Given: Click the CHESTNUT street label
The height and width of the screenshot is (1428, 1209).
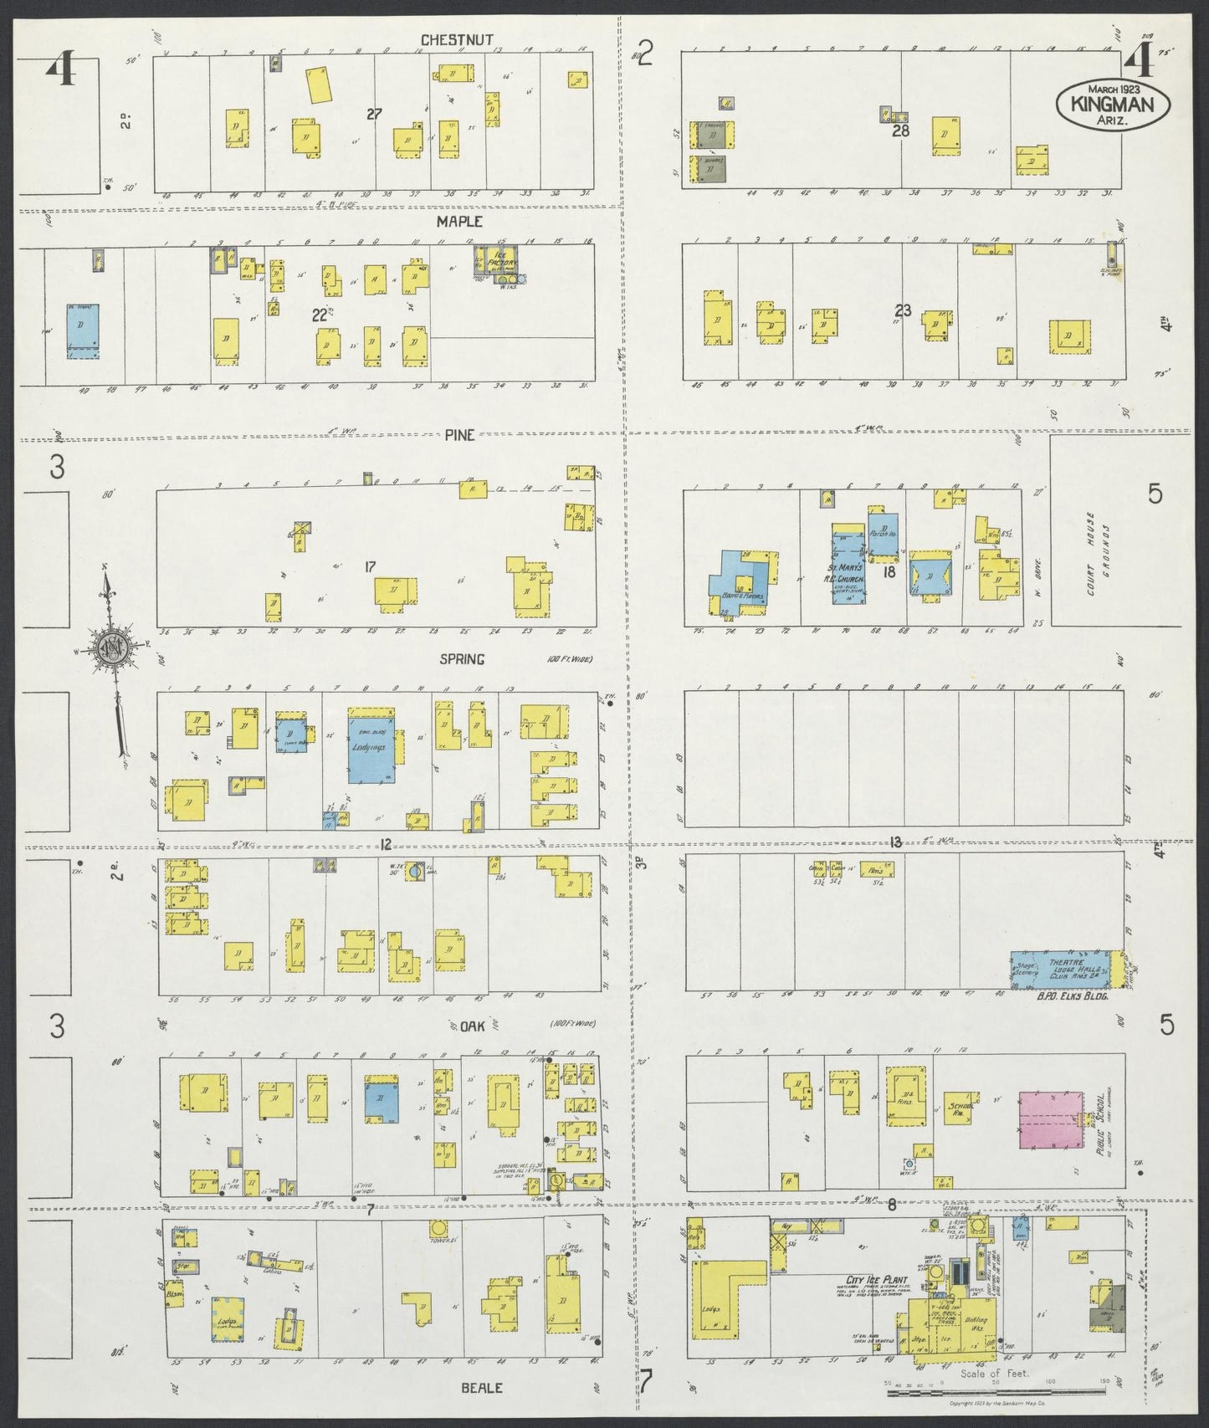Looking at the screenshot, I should tap(457, 39).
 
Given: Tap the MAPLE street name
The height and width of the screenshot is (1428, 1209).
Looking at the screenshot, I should tap(458, 222).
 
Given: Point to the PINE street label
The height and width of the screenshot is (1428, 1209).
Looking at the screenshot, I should tap(459, 435).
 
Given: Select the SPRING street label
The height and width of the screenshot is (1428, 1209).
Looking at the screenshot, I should tap(462, 659).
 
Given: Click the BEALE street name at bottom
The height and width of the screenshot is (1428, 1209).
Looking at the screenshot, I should tap(482, 1387).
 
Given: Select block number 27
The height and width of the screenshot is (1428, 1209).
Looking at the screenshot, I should tap(374, 114).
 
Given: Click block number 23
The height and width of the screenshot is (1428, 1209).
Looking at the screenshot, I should tap(902, 309).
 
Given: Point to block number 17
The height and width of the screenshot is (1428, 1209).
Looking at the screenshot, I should tap(369, 567).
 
